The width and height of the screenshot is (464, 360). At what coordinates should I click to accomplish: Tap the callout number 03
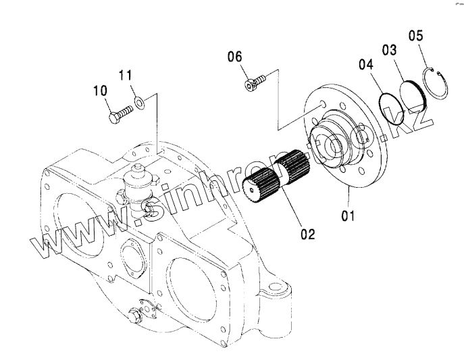(388, 50)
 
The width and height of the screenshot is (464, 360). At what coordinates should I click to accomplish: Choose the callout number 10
(99, 90)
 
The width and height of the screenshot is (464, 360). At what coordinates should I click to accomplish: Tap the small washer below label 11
(139, 103)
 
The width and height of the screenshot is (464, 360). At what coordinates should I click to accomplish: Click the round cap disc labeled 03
(411, 97)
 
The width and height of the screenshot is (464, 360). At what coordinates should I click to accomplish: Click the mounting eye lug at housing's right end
(278, 295)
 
